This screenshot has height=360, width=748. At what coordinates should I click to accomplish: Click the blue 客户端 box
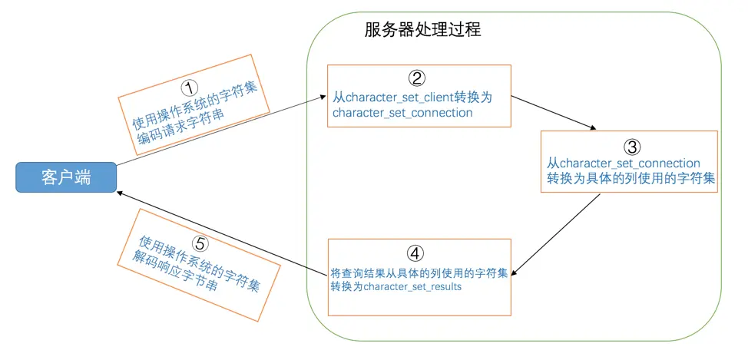(x=66, y=178)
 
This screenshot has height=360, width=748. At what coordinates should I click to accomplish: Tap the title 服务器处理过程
(x=422, y=30)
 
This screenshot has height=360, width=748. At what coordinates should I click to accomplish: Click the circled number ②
(x=416, y=78)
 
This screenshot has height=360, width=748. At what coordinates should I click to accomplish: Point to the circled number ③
(x=629, y=147)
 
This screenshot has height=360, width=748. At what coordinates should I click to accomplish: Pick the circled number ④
(x=415, y=253)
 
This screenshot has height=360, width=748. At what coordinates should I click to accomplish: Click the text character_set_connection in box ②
(x=402, y=113)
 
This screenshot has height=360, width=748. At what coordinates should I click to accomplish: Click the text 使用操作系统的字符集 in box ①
(x=195, y=101)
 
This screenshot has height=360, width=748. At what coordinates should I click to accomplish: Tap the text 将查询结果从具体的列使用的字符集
(x=419, y=272)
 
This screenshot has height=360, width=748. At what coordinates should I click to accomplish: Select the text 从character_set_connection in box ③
(x=624, y=163)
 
